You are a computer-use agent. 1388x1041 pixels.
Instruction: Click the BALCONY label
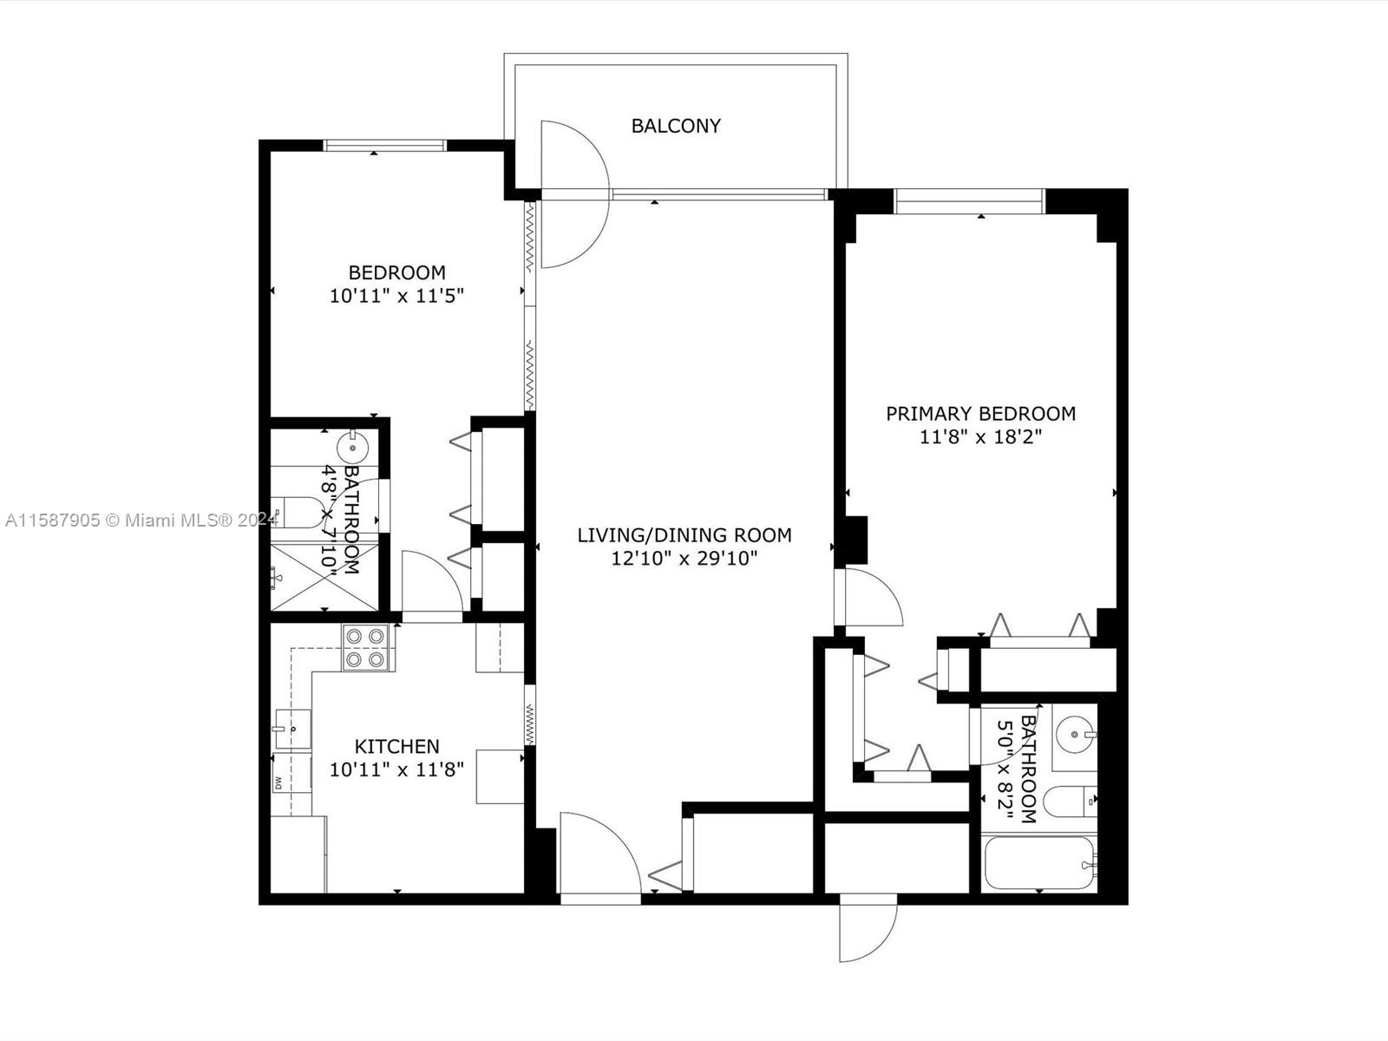coord(675,126)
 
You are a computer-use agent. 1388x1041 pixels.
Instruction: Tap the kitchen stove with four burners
coord(365,647)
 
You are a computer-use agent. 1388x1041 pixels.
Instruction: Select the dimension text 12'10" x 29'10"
coord(684,558)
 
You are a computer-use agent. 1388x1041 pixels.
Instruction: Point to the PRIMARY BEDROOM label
coord(981,414)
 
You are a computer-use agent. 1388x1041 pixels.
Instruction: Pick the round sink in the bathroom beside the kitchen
coord(353,448)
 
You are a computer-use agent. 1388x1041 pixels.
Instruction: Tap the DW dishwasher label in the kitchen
coord(278,783)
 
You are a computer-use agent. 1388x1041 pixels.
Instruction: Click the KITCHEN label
coord(396,746)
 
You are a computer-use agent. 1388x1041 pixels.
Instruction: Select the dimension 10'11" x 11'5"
coord(396,295)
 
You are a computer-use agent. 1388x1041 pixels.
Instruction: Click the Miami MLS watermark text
coord(141,520)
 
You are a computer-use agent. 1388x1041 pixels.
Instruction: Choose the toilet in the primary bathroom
coord(1070,802)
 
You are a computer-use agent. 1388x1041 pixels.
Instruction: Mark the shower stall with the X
coord(324,576)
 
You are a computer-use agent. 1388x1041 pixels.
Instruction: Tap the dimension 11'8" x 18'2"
coord(981,436)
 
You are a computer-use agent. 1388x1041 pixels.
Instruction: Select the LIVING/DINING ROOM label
coord(684,535)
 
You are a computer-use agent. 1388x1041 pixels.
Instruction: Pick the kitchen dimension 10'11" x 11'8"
coord(396,769)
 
